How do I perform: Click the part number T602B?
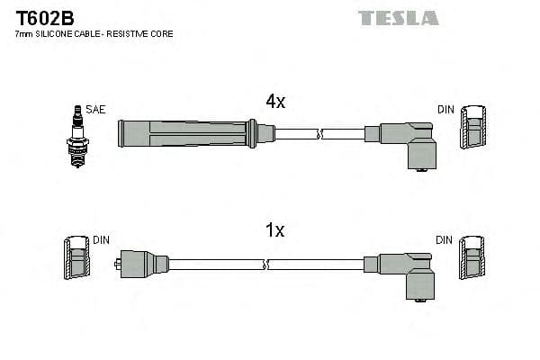(x=43, y=17)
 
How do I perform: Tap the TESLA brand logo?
(x=398, y=18)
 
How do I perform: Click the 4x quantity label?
(x=274, y=102)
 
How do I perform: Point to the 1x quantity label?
(x=274, y=230)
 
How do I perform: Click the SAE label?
(x=96, y=110)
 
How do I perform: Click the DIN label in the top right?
(x=446, y=110)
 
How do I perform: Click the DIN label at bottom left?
(x=101, y=240)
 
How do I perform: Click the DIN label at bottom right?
(x=445, y=240)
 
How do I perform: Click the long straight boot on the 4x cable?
(x=184, y=134)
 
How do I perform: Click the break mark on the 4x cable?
(x=319, y=134)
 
